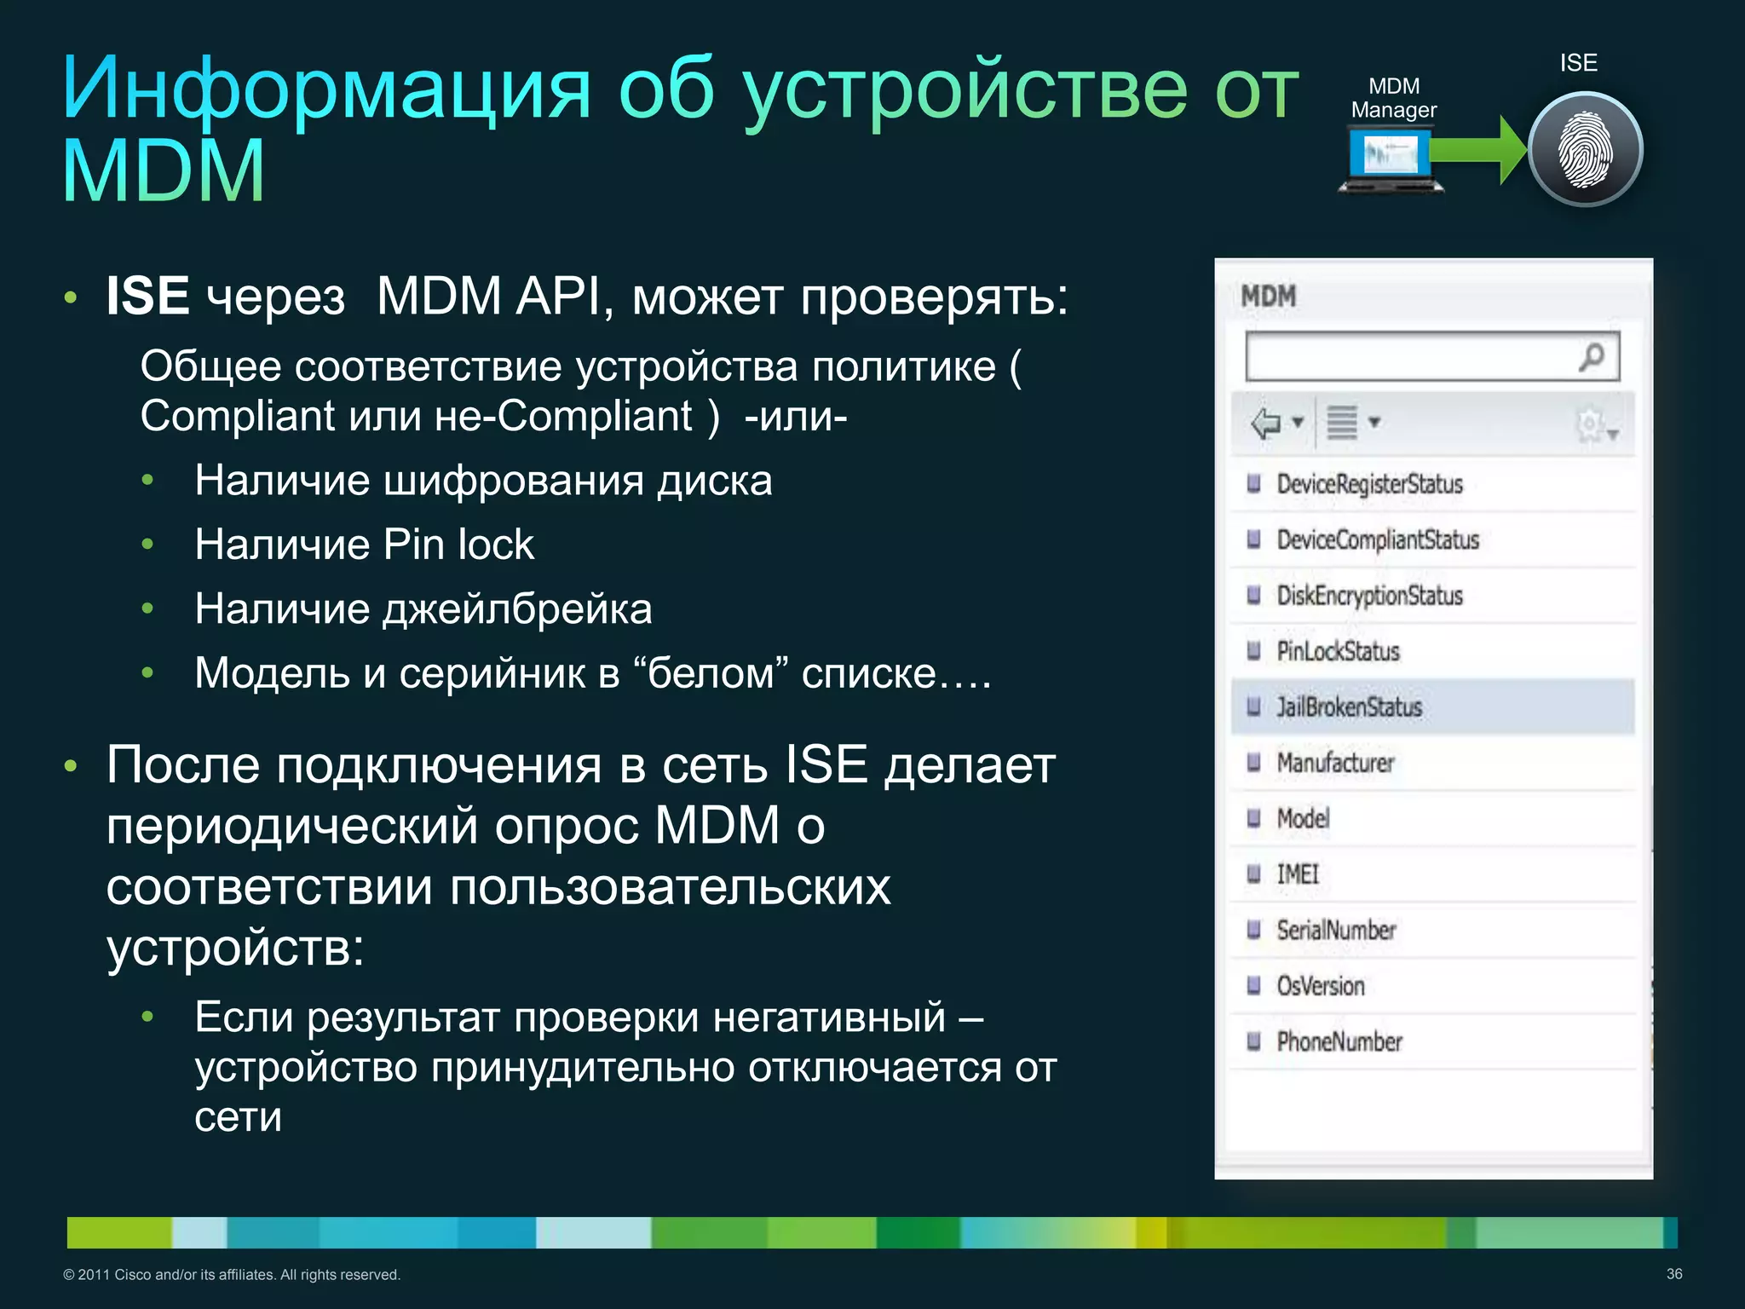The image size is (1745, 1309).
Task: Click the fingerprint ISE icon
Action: point(1585,150)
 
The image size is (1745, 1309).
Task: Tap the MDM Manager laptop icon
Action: point(1391,159)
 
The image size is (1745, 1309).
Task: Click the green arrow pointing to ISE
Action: point(1478,150)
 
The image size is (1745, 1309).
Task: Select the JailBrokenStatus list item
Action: point(1349,707)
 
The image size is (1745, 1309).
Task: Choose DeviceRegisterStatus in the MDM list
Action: point(1369,484)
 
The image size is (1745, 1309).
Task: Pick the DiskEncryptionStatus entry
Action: point(1369,596)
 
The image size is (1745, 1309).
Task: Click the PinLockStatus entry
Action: point(1338,652)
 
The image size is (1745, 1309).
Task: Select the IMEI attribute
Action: point(1297,874)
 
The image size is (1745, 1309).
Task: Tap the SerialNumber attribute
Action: point(1336,931)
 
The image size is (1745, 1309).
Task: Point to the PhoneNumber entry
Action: point(1339,1041)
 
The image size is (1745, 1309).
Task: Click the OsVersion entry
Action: point(1320,986)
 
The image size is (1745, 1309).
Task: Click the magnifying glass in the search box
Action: point(1590,356)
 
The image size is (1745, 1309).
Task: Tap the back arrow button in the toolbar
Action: point(1266,423)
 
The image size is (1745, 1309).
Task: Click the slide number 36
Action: point(1673,1274)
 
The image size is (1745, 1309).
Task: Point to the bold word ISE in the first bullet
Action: point(147,297)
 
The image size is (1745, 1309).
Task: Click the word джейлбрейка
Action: point(517,609)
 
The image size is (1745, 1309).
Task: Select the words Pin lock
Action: point(458,545)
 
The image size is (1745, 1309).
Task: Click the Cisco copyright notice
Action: point(232,1275)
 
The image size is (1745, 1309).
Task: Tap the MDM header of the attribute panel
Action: point(1268,297)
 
